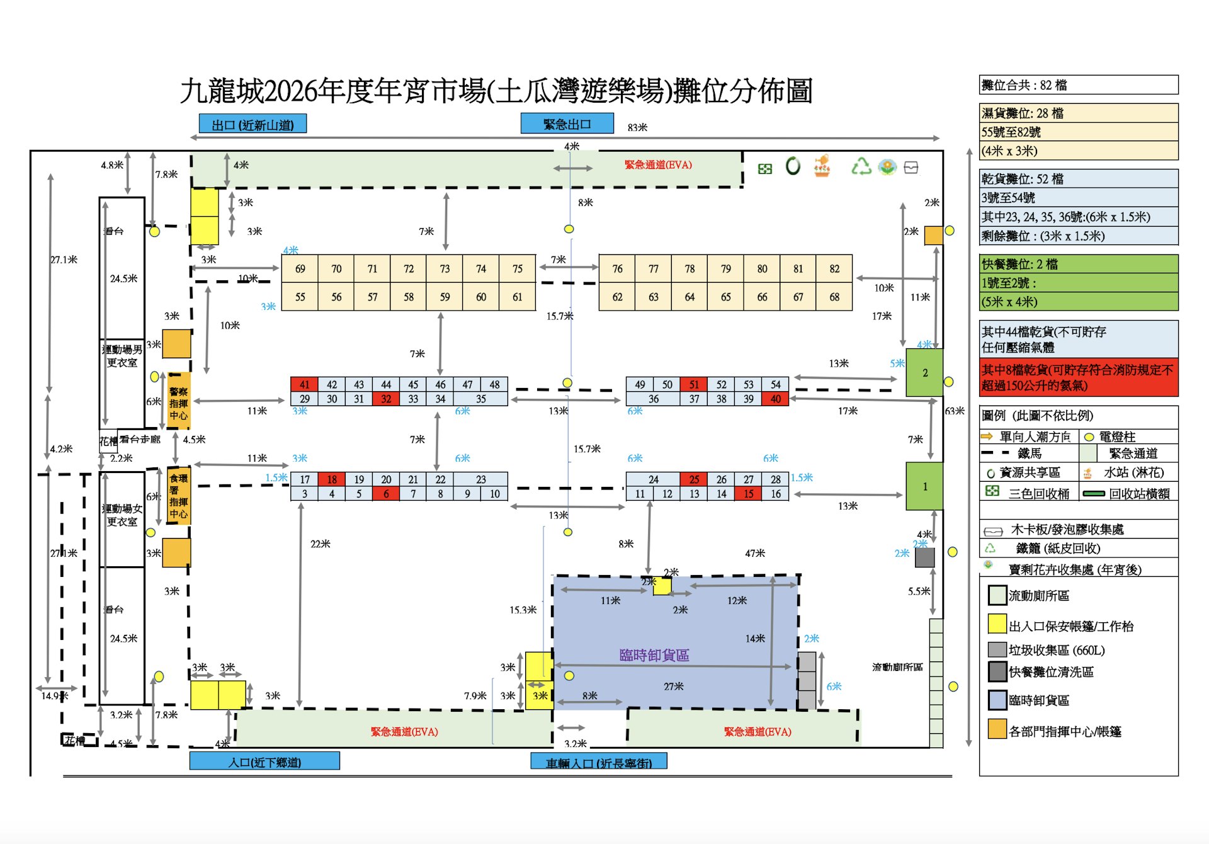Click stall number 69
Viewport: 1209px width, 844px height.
[x=300, y=269]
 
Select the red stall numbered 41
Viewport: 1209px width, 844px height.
[x=304, y=384]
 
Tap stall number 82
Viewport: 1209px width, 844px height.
[x=834, y=269]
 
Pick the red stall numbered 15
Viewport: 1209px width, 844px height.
[x=748, y=494]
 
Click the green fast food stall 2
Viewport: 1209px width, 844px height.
[x=924, y=373]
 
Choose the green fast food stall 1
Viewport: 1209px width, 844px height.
[x=924, y=486]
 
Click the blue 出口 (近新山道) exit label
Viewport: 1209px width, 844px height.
[x=253, y=125]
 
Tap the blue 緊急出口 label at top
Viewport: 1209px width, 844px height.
[x=567, y=124]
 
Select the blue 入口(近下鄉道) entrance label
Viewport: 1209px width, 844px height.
[x=264, y=762]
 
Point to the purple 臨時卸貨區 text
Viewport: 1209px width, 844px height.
[x=654, y=655]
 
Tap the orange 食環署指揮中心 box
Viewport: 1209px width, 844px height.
[x=178, y=496]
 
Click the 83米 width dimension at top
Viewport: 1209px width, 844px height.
[x=637, y=127]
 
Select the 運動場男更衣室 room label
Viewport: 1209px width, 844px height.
[x=122, y=356]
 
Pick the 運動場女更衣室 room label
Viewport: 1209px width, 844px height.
[x=122, y=515]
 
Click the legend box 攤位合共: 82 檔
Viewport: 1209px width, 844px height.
[x=1078, y=85]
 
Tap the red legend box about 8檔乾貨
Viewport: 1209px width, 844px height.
[x=1078, y=377]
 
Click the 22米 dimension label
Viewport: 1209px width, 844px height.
[x=320, y=544]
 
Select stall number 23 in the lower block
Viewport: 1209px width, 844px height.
[x=480, y=479]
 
